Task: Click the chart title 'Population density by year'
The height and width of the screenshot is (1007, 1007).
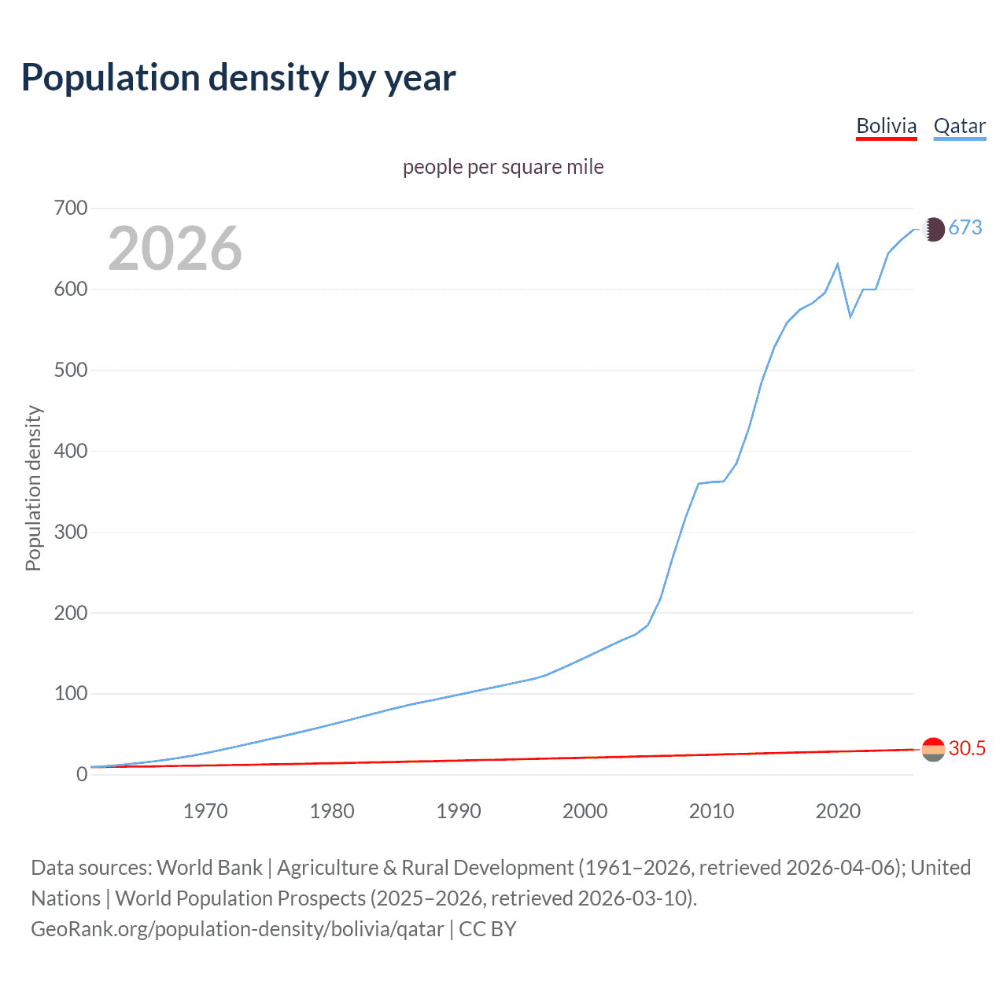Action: coord(238,77)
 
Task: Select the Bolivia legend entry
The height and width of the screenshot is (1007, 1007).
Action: coord(886,126)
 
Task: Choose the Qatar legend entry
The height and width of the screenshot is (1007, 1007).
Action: coord(959,126)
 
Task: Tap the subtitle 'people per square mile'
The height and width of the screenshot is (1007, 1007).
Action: coord(503,167)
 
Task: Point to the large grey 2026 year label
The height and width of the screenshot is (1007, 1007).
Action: coord(175,249)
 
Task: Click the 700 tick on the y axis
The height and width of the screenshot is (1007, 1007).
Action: coord(71,208)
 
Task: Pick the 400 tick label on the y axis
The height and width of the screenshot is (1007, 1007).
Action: coord(71,451)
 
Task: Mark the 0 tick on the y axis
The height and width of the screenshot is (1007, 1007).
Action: coord(82,774)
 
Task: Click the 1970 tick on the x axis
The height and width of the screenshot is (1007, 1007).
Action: coord(205,811)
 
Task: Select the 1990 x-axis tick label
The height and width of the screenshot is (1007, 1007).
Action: coord(459,811)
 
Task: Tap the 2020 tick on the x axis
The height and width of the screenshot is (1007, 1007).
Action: coord(838,811)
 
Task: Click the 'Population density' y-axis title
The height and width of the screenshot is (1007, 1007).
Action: coord(33,488)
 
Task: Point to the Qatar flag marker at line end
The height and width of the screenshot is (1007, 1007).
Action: coord(933,229)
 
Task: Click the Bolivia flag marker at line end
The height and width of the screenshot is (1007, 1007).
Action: coord(933,749)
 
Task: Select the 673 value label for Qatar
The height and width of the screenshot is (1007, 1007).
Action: coord(965,227)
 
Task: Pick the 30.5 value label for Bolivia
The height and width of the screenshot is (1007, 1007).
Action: coord(967,748)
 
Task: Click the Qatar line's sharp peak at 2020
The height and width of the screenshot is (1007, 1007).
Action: coord(838,264)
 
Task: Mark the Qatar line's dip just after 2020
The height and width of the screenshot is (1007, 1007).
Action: coord(850,316)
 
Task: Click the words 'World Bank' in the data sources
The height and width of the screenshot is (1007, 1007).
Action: coord(209,868)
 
